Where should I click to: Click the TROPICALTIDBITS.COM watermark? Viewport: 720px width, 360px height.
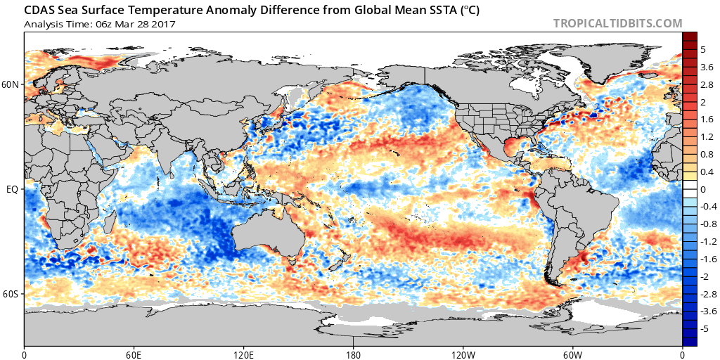click(x=617, y=23)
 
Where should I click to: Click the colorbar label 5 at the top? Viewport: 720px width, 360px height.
click(x=703, y=50)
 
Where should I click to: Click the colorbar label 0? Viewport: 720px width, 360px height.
click(x=703, y=189)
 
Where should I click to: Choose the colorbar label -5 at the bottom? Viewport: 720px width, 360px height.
click(x=705, y=328)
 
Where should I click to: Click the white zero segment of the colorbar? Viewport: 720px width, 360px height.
click(x=690, y=189)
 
